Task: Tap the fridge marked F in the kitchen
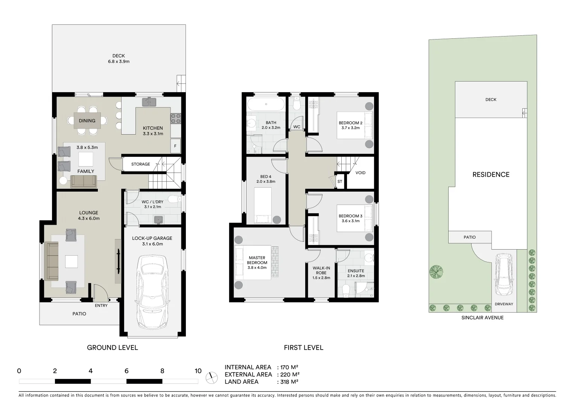[x=175, y=146]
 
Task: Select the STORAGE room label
[x=140, y=164]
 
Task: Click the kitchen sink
[x=149, y=102]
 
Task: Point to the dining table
[x=87, y=120]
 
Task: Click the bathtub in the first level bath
[x=266, y=104]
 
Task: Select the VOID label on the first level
[x=360, y=173]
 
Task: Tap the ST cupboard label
[x=340, y=182]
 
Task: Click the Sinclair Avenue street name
[x=482, y=318]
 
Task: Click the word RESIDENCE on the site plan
[x=491, y=174]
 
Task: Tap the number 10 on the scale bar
[x=198, y=371]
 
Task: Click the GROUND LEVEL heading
[x=112, y=348]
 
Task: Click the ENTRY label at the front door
[x=101, y=306]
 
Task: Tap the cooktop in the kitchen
[x=176, y=118]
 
